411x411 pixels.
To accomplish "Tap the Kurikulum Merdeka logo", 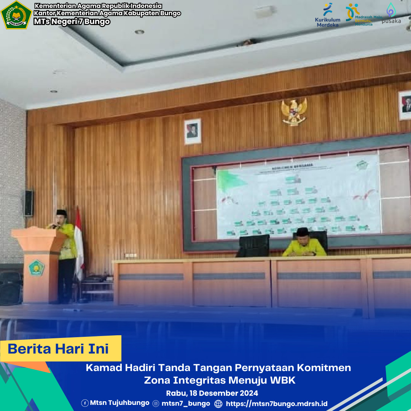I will [x=328, y=15].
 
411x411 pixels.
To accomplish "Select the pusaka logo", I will [x=391, y=14].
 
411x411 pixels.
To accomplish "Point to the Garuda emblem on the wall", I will [x=294, y=112].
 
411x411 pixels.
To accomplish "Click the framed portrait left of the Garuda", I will [x=193, y=131].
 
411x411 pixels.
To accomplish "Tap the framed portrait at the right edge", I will [x=405, y=105].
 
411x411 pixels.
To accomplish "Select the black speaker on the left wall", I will [x=29, y=203].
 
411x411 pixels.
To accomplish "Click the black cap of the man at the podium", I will [x=62, y=212].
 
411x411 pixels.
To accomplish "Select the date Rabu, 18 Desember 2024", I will [x=212, y=393].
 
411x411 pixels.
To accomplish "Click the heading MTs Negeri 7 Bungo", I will [x=72, y=22].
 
